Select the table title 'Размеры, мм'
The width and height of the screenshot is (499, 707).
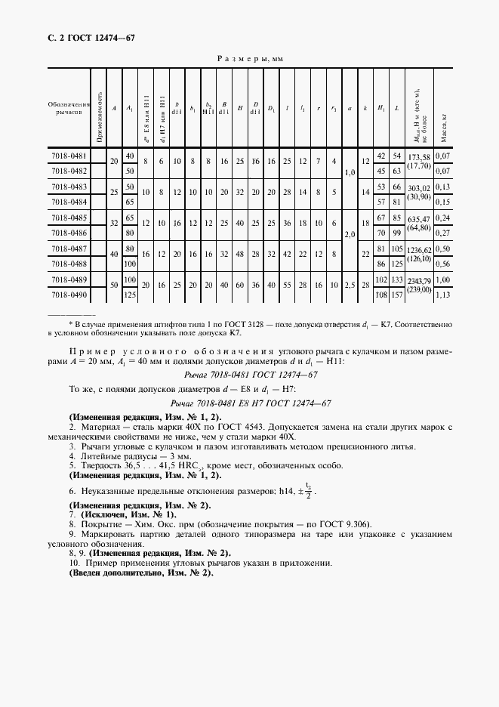point(249,58)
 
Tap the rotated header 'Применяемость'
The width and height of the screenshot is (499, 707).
point(98,108)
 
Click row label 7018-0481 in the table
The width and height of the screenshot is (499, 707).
point(69,156)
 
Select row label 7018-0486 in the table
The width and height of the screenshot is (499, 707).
point(69,234)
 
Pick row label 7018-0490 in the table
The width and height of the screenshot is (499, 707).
point(69,296)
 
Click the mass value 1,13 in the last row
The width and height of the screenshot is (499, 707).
point(444,296)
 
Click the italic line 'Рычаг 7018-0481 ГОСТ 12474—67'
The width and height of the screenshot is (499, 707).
point(249,374)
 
